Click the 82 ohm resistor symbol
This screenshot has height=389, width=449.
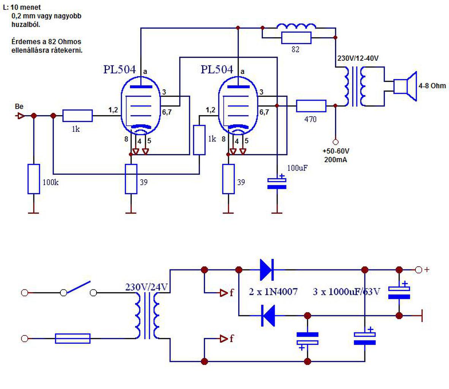click(296, 38)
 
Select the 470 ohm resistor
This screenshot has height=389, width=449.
click(311, 106)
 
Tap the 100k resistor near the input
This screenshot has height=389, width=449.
click(33, 179)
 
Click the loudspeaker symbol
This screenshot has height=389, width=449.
click(405, 86)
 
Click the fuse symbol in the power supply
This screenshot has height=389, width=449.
click(73, 338)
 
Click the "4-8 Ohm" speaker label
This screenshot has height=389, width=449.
click(432, 85)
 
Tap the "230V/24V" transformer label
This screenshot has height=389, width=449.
click(146, 287)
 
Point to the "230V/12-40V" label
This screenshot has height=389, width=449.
click(358, 59)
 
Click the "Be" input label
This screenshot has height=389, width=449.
click(19, 107)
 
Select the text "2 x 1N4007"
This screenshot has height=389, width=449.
click(273, 292)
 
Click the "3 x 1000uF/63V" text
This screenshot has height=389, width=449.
click(346, 292)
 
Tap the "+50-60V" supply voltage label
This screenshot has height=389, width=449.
click(336, 151)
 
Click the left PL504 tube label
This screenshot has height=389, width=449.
click(119, 70)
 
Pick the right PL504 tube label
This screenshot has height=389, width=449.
click(217, 70)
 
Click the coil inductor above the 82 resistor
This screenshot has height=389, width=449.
click(296, 26)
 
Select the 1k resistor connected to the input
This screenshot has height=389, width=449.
click(77, 116)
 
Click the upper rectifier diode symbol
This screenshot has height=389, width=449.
click(267, 270)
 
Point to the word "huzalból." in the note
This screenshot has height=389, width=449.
click(26, 25)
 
